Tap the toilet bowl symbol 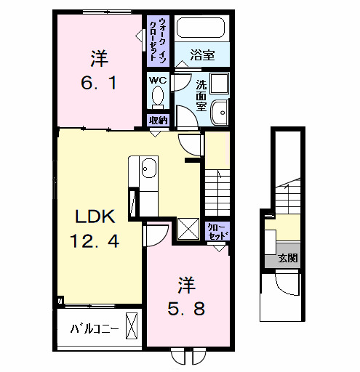(157, 99)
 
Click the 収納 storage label (158, 121)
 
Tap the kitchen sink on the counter (148, 169)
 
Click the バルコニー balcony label (95, 328)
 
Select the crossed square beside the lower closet (188, 230)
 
